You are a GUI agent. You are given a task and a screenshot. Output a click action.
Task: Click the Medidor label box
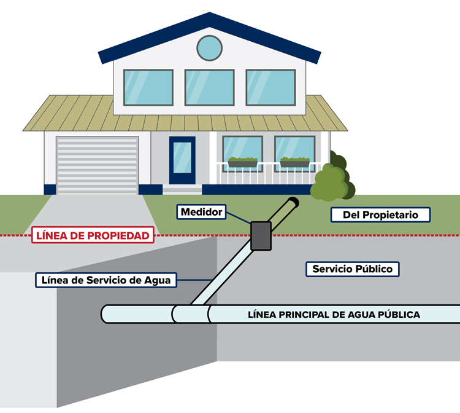coord(201,212)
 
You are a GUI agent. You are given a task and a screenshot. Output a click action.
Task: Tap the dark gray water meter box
coord(261,236)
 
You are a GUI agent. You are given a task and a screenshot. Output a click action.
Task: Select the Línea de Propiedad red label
coord(93,235)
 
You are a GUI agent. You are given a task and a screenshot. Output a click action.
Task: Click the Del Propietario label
coord(380,214)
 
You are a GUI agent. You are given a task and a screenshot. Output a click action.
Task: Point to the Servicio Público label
coord(352,269)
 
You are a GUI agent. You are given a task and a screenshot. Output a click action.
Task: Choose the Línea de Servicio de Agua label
coord(106,280)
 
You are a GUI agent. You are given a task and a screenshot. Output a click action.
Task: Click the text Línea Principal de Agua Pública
coord(334,315)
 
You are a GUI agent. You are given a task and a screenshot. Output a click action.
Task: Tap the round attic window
coord(210,48)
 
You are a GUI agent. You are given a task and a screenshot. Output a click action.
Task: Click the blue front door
coord(182,160)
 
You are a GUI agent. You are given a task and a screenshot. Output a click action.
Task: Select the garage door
coord(98,165)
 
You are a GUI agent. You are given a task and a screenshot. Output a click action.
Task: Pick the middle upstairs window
coord(210,88)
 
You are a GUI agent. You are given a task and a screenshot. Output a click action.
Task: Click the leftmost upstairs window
coord(148,88)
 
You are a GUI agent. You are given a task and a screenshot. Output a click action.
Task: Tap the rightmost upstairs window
coord(270,88)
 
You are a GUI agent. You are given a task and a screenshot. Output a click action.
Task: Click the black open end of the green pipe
coord(293,202)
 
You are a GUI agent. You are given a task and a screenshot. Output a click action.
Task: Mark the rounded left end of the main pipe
coord(104,314)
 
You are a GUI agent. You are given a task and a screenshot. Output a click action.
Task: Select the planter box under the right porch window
coord(295,162)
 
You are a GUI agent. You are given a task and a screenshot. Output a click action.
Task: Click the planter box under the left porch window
coord(243,162)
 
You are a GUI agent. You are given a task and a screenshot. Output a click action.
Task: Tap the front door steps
coord(182,189)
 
